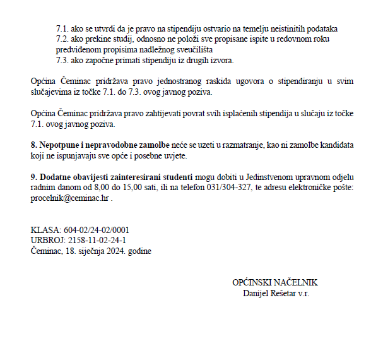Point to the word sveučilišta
click(192, 49)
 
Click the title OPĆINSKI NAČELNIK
click(275, 282)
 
